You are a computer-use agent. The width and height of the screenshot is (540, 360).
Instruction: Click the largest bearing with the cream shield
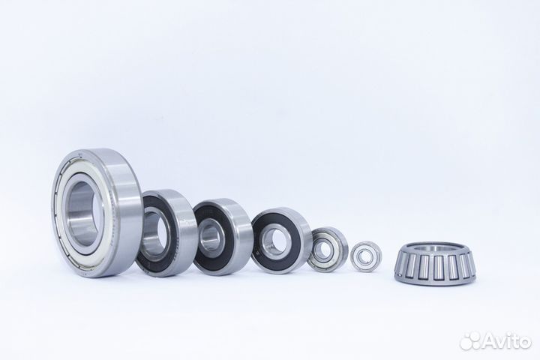pyautogui.click(x=98, y=213)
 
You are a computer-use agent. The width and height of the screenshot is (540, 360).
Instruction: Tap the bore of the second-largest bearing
pyautogui.click(x=154, y=233)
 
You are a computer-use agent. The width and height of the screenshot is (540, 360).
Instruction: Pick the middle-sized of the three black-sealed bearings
pyautogui.click(x=222, y=236)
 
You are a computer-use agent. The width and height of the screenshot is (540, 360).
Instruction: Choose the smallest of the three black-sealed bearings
pyautogui.click(x=280, y=240)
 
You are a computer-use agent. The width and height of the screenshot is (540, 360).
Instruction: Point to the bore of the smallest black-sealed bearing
pyautogui.click(x=274, y=240)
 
